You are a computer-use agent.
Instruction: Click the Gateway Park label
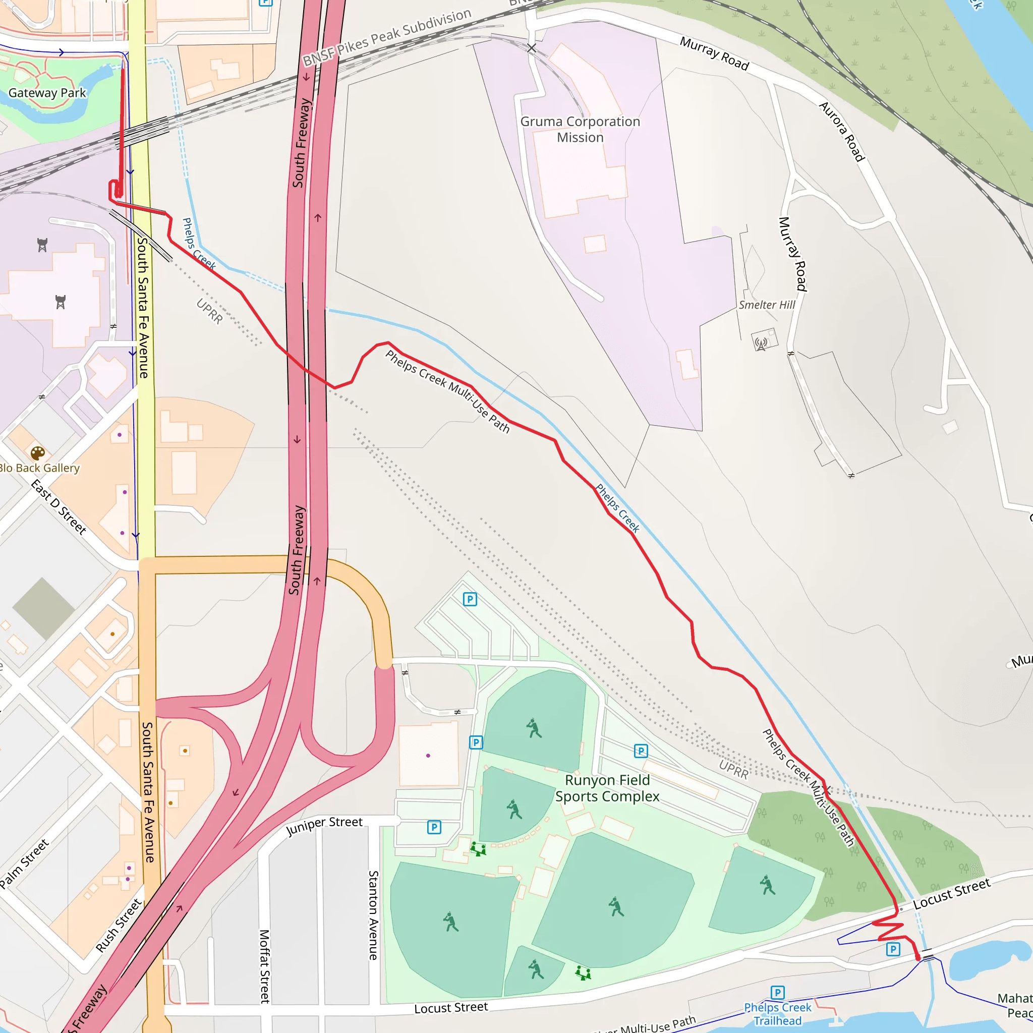pyautogui.click(x=47, y=93)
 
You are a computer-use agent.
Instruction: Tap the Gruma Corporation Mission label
pyautogui.click(x=580, y=130)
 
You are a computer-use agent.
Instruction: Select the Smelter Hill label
pyautogui.click(x=766, y=305)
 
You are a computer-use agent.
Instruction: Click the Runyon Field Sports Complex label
pyautogui.click(x=607, y=788)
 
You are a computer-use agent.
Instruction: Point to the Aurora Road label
pyautogui.click(x=842, y=132)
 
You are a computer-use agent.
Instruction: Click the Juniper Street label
pyautogui.click(x=324, y=826)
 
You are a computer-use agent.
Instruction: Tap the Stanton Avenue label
pyautogui.click(x=373, y=915)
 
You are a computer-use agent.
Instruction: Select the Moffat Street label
pyautogui.click(x=265, y=965)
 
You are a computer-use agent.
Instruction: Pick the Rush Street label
pyautogui.click(x=119, y=926)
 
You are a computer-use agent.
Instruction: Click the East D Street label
pyautogui.click(x=59, y=507)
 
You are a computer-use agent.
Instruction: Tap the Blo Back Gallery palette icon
pyautogui.click(x=37, y=453)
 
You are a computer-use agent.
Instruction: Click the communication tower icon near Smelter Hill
pyautogui.click(x=761, y=342)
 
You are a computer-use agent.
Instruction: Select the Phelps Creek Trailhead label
pyautogui.click(x=777, y=1014)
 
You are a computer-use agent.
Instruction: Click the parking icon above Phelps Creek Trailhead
pyautogui.click(x=777, y=992)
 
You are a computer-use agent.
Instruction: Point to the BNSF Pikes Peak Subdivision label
pyautogui.click(x=386, y=38)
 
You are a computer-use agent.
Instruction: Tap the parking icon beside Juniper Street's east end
pyautogui.click(x=434, y=827)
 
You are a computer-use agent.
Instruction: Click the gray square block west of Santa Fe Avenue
pyautogui.click(x=43, y=608)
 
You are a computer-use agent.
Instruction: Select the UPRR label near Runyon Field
pyautogui.click(x=733, y=769)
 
